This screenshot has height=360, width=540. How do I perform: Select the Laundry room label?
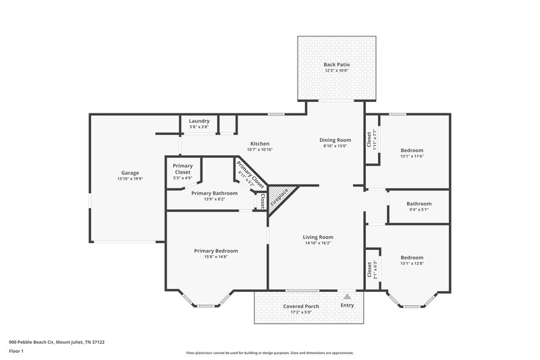coord(199,121)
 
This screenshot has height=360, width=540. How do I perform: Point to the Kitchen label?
coord(260,144)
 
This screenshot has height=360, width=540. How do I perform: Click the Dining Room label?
coord(335,140)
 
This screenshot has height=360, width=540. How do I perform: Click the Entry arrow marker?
coord(346,296)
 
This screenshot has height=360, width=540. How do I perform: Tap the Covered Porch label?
coord(300,306)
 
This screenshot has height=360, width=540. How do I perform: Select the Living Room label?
coord(318,237)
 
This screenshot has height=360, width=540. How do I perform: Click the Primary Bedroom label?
coord(216,251)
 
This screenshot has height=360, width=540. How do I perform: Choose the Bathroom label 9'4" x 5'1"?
coord(418,204)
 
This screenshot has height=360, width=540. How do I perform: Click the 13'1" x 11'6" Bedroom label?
coord(412,150)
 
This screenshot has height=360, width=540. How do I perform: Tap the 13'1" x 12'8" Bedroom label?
coord(412,257)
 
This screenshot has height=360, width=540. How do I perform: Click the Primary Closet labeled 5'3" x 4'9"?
coord(182,170)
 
